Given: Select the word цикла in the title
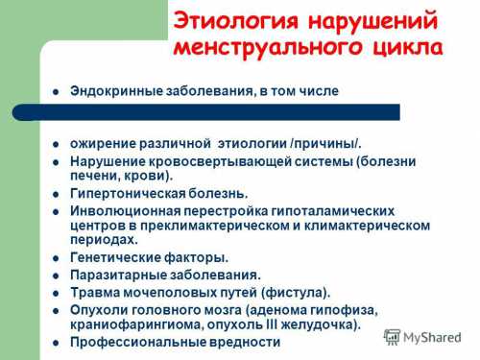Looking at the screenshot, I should click(406, 47).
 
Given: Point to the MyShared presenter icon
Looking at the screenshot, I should click(393, 337).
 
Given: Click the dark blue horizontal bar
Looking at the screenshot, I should click(205, 112).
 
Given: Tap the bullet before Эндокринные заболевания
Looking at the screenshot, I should click(55, 91).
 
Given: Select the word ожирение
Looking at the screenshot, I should click(101, 143).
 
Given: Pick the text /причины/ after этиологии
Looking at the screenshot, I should click(324, 143).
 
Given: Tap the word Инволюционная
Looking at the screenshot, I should click(120, 209).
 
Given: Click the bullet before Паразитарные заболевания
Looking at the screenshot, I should click(55, 275).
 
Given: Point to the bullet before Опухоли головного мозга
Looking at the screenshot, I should click(55, 309).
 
